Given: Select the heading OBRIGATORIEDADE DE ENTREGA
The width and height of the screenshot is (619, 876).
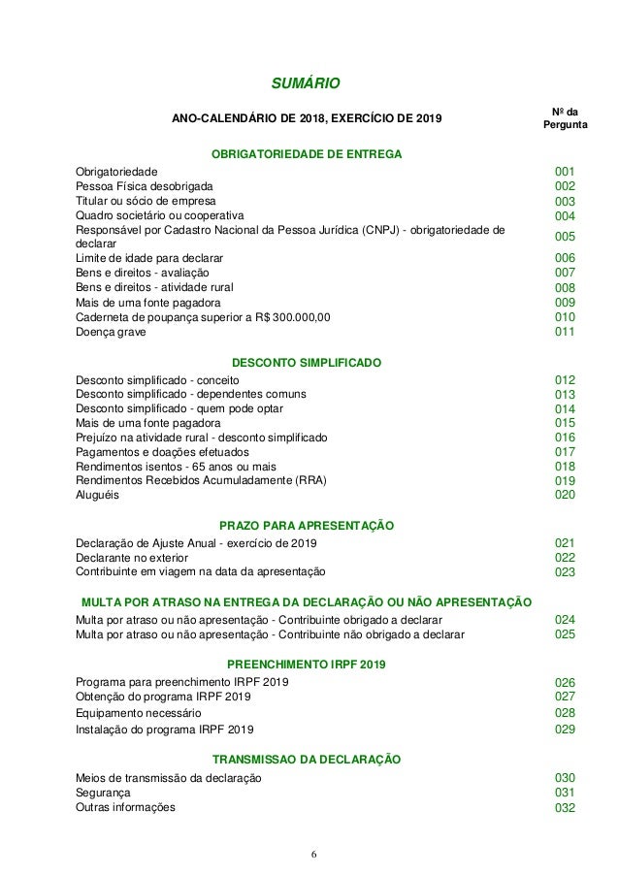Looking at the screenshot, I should pyautogui.click(x=307, y=152).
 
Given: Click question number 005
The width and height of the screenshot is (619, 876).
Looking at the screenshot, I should pyautogui.click(x=565, y=237).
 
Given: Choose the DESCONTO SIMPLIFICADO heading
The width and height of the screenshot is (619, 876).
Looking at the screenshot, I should pyautogui.click(x=307, y=362).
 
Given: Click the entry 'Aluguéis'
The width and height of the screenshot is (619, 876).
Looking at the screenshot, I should pyautogui.click(x=99, y=495).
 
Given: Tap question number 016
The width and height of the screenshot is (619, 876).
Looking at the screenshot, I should pyautogui.click(x=565, y=438).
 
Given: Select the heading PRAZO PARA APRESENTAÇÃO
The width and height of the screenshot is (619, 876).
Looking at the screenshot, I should pyautogui.click(x=307, y=525).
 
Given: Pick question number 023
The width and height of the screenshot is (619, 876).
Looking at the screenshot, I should pyautogui.click(x=565, y=572).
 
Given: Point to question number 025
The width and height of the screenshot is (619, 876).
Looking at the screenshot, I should pyautogui.click(x=565, y=634).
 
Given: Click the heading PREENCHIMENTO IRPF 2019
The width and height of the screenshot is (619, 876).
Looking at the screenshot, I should pyautogui.click(x=307, y=665).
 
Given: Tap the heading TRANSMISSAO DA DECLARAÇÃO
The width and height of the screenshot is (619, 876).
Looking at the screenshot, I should pyautogui.click(x=307, y=759).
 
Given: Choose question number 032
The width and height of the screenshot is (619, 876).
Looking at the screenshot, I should pyautogui.click(x=565, y=808).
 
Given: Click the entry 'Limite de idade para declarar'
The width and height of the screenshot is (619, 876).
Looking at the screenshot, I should pyautogui.click(x=149, y=259).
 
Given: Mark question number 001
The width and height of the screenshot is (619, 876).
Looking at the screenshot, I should pyautogui.click(x=565, y=172).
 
